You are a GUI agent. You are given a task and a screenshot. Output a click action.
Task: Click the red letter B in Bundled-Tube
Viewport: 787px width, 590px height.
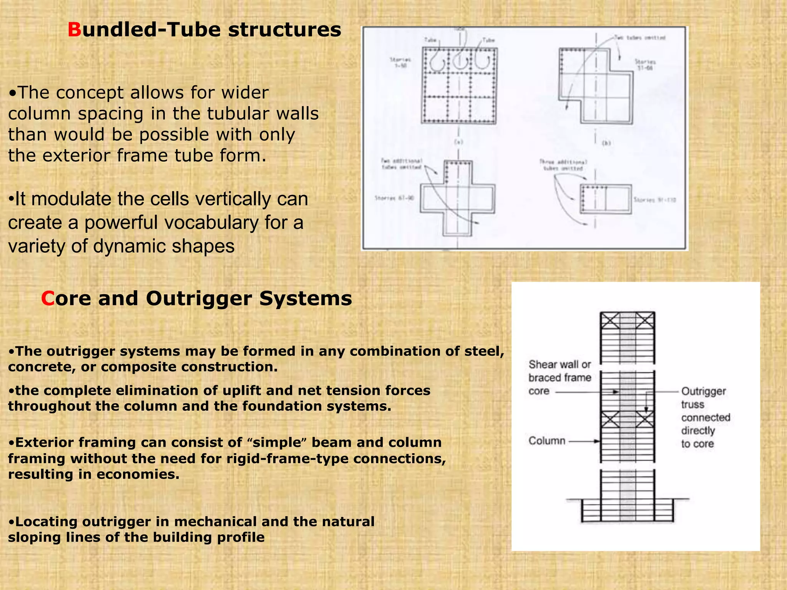point(75,30)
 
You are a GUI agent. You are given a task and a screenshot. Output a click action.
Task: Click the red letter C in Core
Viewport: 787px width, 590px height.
point(48,298)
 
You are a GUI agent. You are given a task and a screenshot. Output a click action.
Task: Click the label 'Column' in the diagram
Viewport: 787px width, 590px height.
point(546,441)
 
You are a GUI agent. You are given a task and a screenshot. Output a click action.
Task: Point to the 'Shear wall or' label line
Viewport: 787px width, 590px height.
point(560,364)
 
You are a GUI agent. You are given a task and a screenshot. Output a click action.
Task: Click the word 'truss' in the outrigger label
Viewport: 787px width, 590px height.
point(692,404)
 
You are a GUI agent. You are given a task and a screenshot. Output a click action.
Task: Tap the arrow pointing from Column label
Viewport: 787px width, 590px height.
point(584,441)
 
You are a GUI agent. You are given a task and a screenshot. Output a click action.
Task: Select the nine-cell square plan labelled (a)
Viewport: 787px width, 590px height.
point(459,85)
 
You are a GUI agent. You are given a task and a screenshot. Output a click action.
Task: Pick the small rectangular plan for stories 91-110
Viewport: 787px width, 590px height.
point(606,199)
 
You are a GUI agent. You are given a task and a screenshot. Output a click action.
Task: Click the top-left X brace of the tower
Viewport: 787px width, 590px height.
point(610,320)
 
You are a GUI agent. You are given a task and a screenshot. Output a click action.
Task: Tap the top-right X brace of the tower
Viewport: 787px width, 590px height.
point(645,320)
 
